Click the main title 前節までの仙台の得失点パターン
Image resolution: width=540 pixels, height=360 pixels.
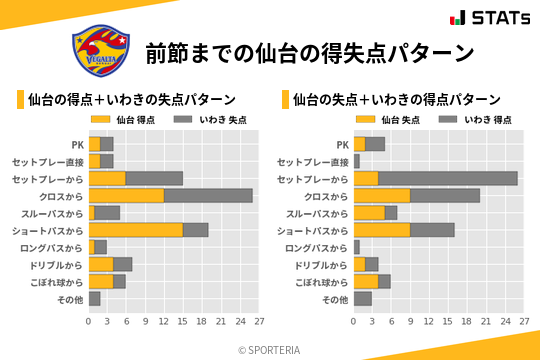click(308, 52)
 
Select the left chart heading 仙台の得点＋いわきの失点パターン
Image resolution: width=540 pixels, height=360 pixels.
click(132, 99)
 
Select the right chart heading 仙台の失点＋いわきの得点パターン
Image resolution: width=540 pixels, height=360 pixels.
click(397, 99)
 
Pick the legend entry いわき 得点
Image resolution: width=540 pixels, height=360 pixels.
click(464, 120)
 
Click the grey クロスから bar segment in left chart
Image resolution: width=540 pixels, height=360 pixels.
click(208, 195)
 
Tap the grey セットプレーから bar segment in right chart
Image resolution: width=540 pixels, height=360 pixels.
click(448, 178)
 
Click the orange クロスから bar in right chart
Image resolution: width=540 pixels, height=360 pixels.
click(382, 195)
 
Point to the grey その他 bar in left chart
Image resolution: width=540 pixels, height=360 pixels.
click(95, 298)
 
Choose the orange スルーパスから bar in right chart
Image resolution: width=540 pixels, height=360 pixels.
click(369, 212)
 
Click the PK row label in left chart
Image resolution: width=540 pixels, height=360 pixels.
click(77, 144)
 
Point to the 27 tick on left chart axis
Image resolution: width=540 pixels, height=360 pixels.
click(258, 322)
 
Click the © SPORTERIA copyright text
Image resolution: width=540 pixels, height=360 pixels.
click(270, 349)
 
